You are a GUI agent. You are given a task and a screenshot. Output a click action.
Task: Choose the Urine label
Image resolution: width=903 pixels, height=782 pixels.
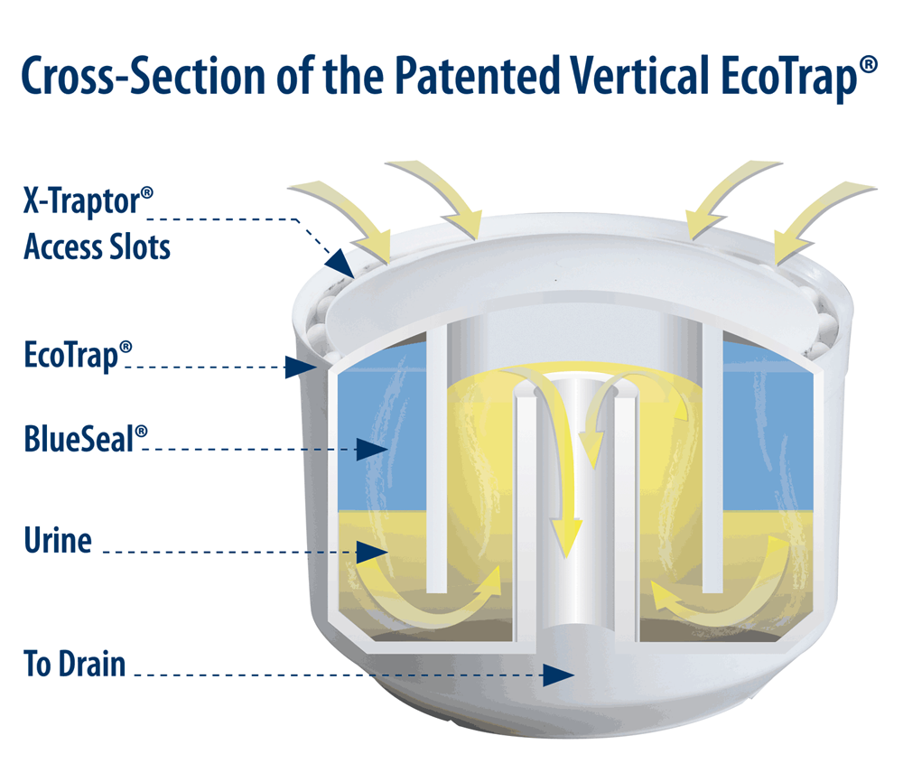tap(58, 541)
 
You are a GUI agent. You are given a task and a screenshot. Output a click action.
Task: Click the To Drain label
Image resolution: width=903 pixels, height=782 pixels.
tap(74, 666)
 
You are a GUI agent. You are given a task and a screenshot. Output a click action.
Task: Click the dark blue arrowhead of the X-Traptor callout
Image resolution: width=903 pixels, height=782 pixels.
tap(340, 261)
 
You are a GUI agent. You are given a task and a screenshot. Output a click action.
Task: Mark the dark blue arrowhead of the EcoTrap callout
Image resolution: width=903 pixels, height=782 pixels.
tap(296, 367)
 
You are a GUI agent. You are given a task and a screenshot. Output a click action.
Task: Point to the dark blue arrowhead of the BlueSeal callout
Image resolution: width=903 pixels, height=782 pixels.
tap(370, 448)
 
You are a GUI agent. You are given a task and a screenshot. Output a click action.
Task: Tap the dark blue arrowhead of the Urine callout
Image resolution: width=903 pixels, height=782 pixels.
tap(370, 550)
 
